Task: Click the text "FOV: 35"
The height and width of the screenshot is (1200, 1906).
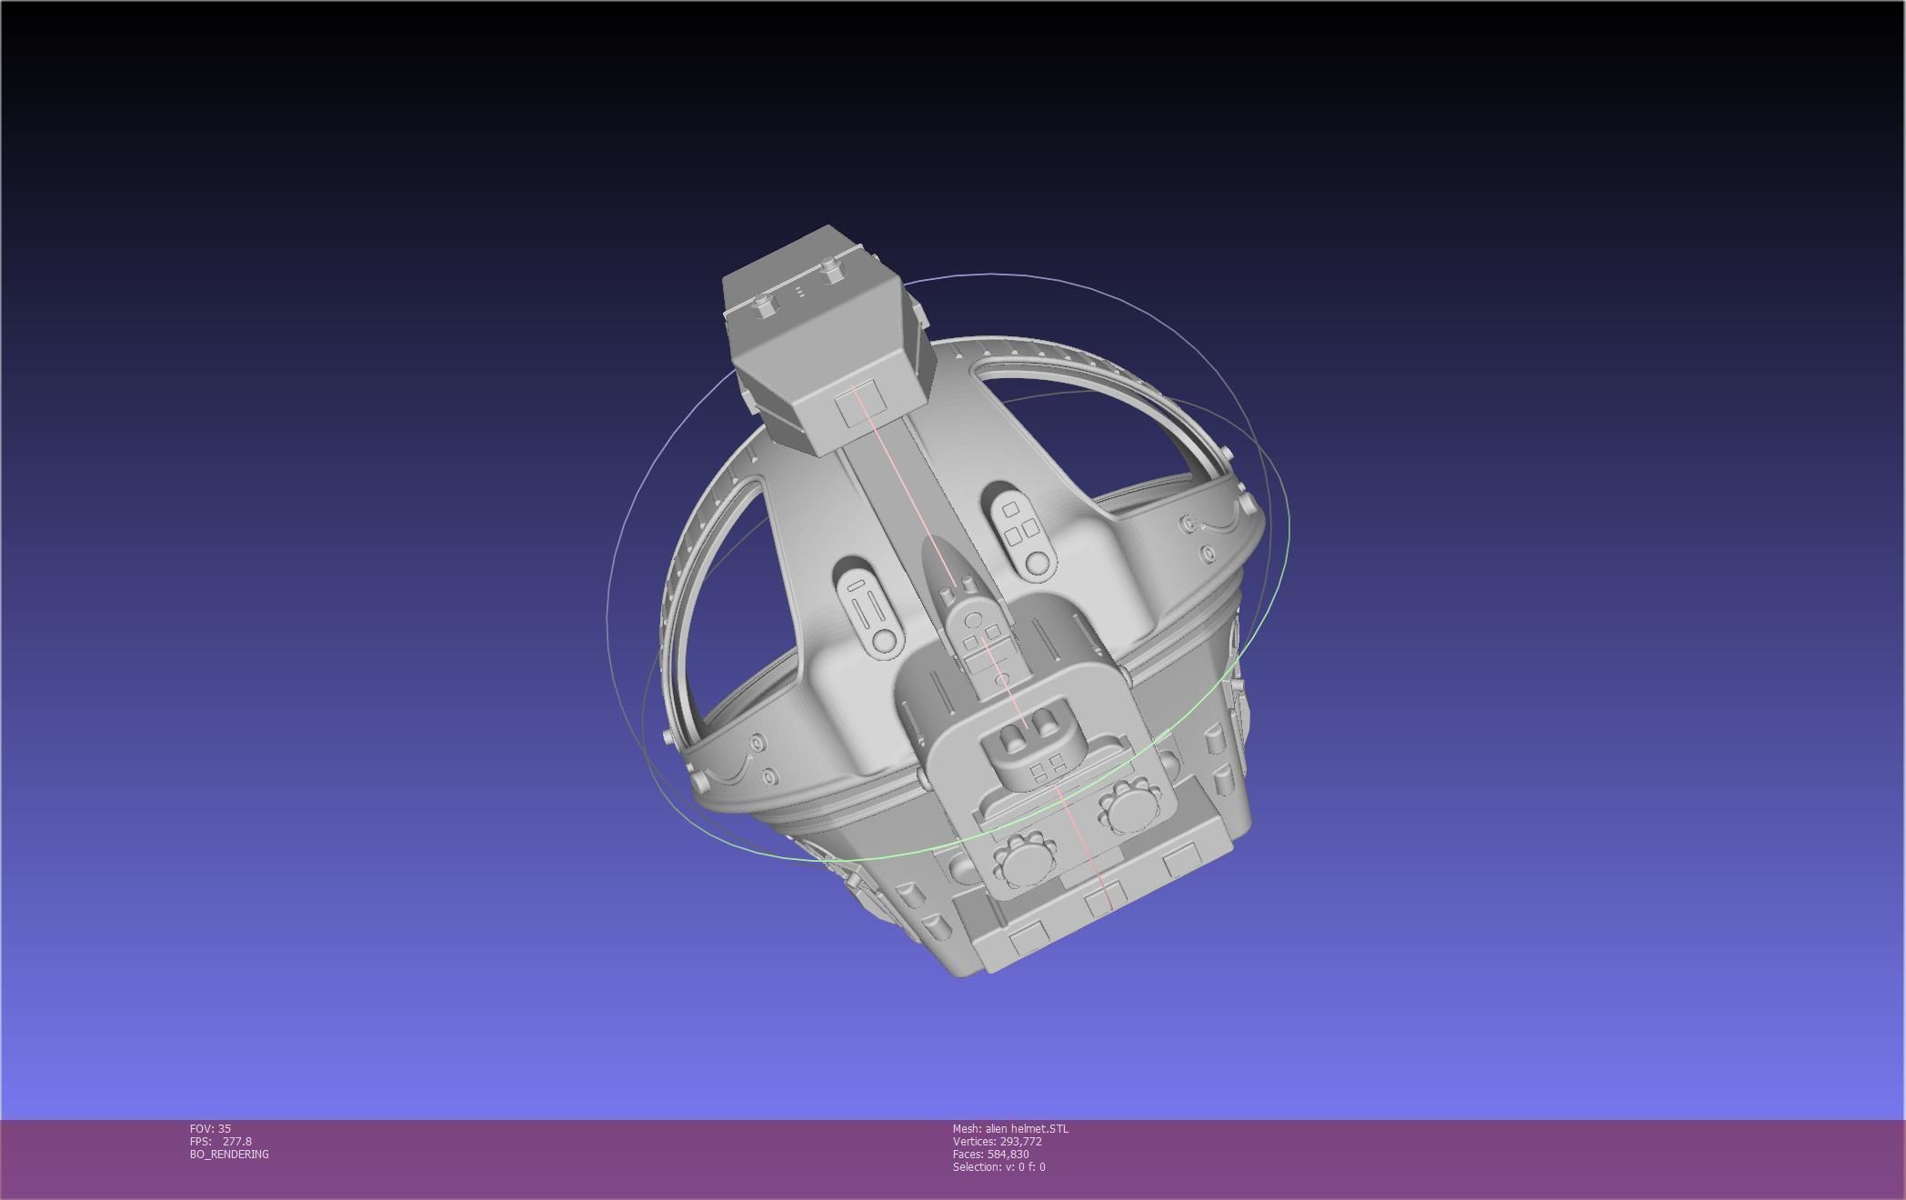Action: click(210, 1128)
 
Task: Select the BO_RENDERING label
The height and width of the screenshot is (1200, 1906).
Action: click(229, 1154)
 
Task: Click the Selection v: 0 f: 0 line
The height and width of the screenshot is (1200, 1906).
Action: click(998, 1166)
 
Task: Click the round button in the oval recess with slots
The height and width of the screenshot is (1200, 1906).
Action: click(883, 640)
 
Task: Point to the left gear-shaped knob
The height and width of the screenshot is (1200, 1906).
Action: click(1021, 859)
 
